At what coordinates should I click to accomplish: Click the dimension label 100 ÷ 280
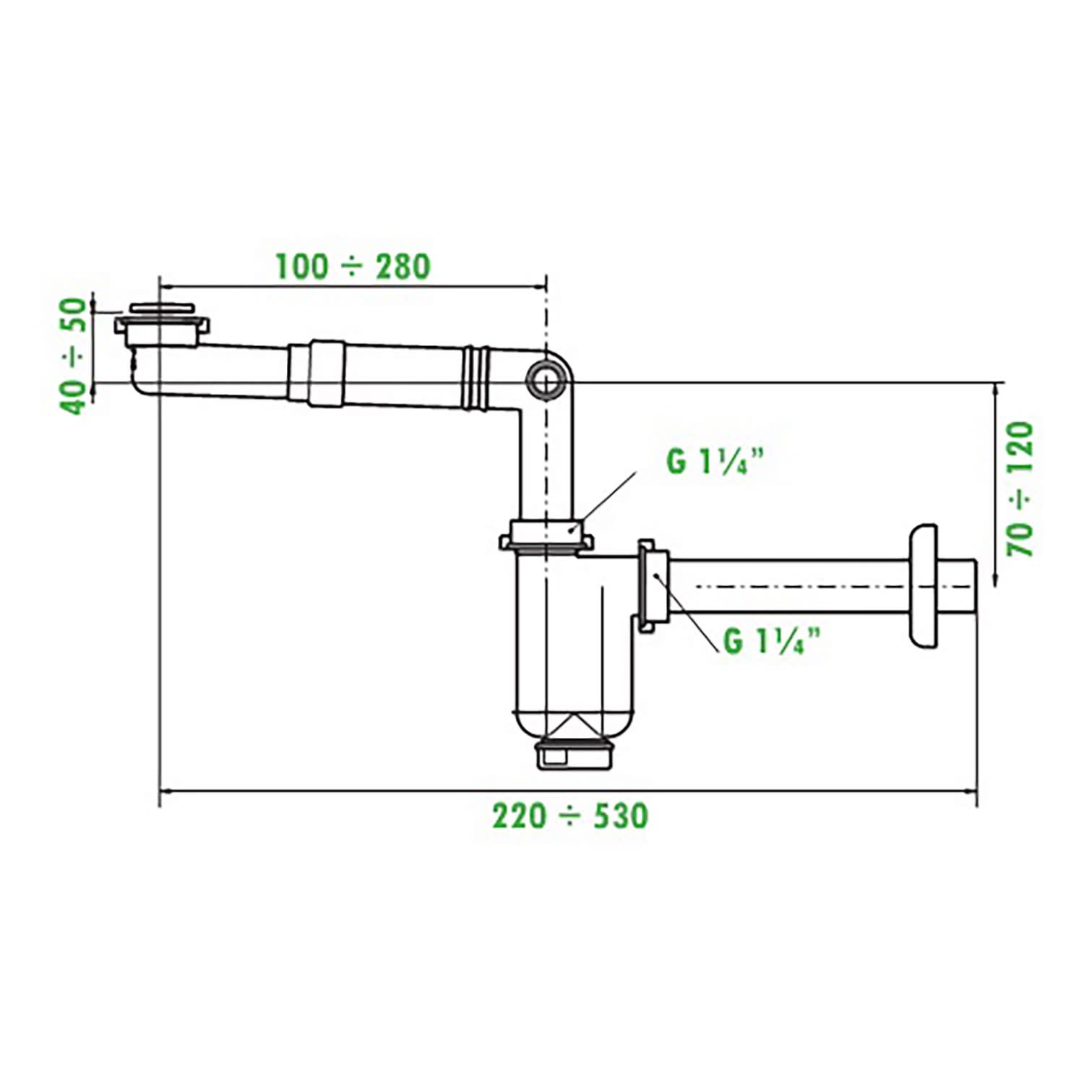353,266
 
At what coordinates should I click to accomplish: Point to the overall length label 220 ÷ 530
570,816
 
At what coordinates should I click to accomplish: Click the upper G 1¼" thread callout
714,461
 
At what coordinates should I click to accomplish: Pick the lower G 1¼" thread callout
772,640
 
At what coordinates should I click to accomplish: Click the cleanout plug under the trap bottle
572,756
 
